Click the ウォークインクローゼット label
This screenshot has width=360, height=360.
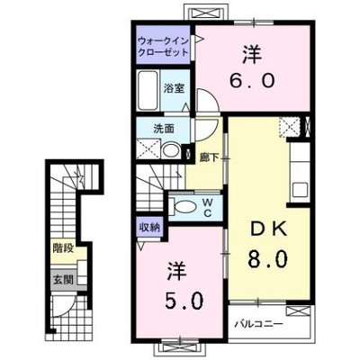pos(163,46)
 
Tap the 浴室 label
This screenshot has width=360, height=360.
pos(174,88)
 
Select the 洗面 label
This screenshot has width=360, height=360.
pos(164,129)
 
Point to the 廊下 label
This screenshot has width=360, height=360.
pos(210,158)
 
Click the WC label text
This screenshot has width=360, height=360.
pos(208,208)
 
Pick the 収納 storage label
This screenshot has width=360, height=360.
pos(149,227)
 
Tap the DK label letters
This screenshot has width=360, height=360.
pos(269,230)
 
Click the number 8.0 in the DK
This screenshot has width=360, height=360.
pos(268,259)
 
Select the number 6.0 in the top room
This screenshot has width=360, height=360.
pos(252,80)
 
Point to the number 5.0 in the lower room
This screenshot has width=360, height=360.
pos(184,301)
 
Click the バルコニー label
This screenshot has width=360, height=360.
pos(258,324)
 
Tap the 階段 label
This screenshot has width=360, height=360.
pos(63,248)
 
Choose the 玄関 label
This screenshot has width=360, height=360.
pos(63,280)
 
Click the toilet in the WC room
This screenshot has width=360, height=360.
pos(183,206)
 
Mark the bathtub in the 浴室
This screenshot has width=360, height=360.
pos(148,90)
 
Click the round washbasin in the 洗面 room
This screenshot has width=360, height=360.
pos(170,150)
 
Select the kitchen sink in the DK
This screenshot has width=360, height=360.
pos(301,190)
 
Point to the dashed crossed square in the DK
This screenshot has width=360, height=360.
pos(290,127)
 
